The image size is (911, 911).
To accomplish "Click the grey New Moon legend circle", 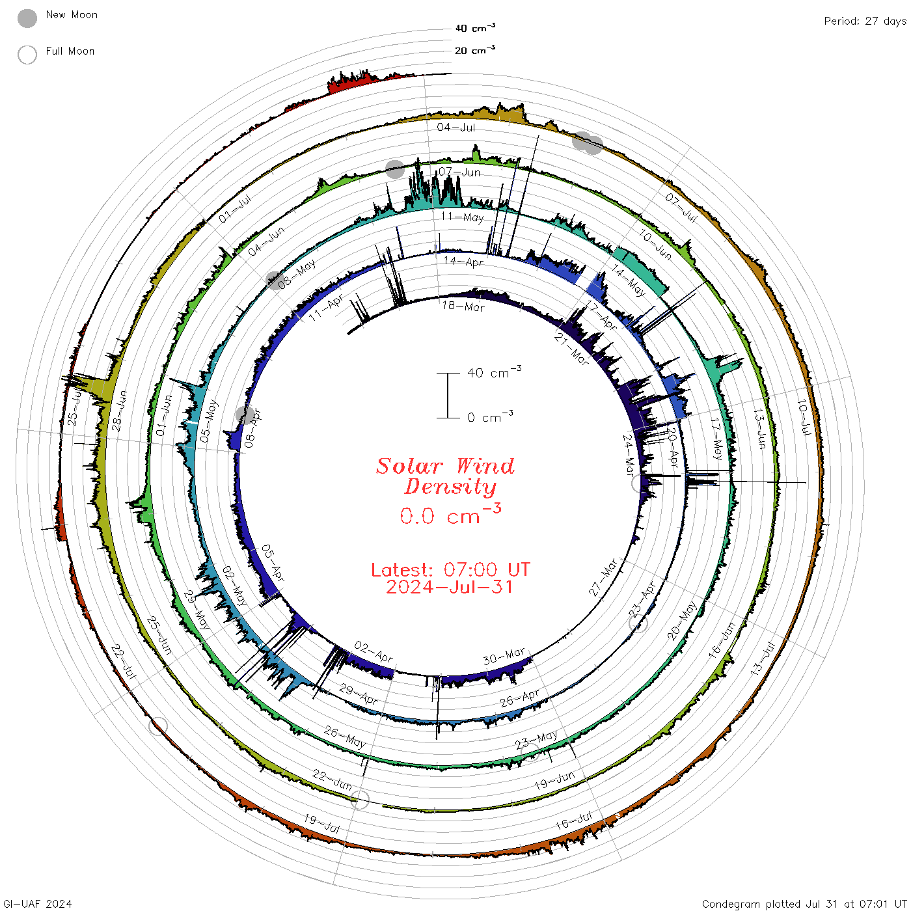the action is [x=27, y=18].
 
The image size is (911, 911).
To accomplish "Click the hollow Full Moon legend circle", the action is [x=27, y=55].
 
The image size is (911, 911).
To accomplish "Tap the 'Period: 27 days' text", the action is [x=865, y=21].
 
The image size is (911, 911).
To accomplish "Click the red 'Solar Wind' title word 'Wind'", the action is [x=485, y=466].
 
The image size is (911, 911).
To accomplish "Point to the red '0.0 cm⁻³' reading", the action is [x=450, y=514].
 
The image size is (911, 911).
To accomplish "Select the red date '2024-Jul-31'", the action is [x=449, y=587].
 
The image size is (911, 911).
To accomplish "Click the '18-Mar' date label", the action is [x=463, y=306].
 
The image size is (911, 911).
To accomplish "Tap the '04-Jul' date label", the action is [x=455, y=127].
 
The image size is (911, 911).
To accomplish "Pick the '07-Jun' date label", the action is [x=459, y=172].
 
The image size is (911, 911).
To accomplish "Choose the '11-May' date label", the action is [x=462, y=217].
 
